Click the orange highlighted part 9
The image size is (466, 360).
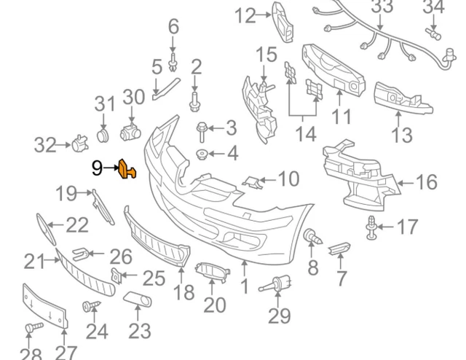[x=127, y=169]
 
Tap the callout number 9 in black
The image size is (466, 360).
[x=97, y=168]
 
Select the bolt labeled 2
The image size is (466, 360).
[x=194, y=102]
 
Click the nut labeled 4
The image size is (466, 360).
[x=202, y=154]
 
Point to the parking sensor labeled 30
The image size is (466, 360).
[x=130, y=132]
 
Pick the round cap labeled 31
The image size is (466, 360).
[x=103, y=136]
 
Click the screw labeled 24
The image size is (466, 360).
[x=91, y=306]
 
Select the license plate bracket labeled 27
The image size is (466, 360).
[x=45, y=307]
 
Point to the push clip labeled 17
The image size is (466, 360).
[x=371, y=227]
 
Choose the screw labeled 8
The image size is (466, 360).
[x=312, y=236]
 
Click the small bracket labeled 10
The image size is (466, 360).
[x=253, y=181]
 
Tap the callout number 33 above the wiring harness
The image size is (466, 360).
[x=382, y=7]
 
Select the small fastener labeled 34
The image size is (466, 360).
[x=433, y=34]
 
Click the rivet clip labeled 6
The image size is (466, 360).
[x=173, y=63]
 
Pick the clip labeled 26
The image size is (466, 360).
[x=81, y=254]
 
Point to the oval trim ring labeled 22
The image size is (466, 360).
[x=46, y=229]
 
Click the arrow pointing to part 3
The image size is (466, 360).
[x=216, y=128]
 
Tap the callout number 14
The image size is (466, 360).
[x=307, y=134]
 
